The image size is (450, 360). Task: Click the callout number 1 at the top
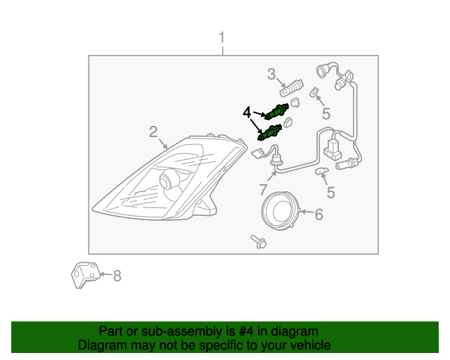pos(222,37)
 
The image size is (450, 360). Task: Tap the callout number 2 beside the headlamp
pos(153,131)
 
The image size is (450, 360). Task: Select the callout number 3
pos(271,73)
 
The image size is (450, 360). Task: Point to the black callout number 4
pos(247,112)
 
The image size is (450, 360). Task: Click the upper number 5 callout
pos(326,113)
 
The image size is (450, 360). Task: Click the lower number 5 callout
pos(330,192)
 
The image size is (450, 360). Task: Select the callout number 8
pos(117,276)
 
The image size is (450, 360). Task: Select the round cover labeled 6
pos(280,211)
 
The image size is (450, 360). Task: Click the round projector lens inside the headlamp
pos(169,181)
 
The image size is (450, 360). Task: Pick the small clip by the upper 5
pos(315,91)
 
